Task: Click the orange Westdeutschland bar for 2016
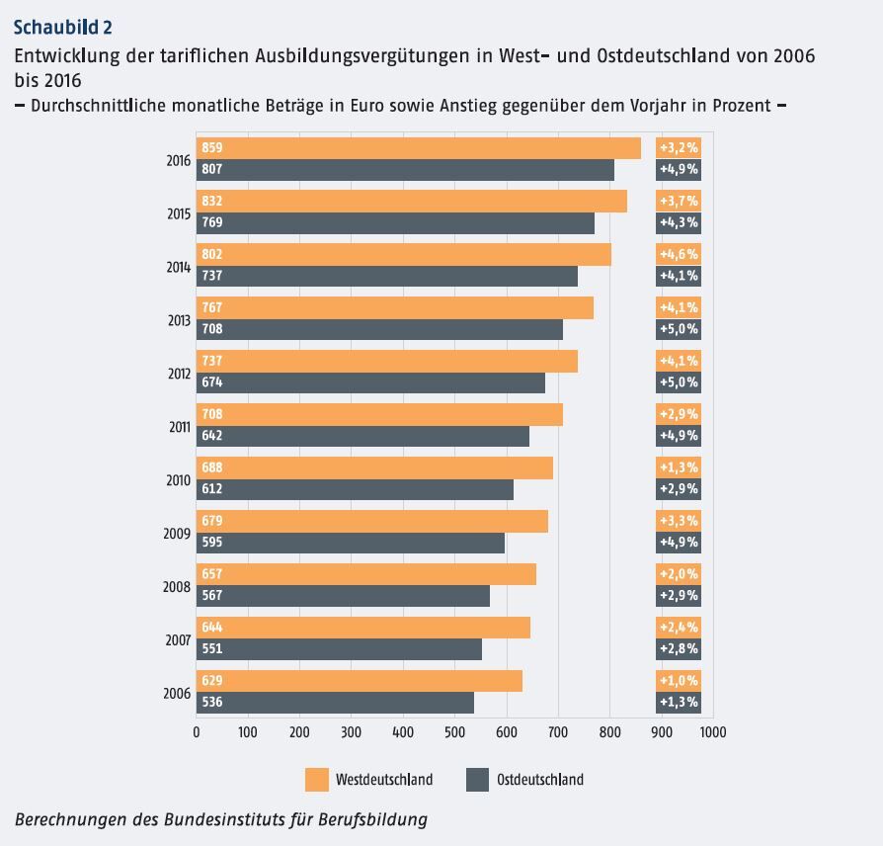click(x=419, y=148)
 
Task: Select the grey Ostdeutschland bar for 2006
click(x=335, y=703)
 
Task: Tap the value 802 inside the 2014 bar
click(x=211, y=254)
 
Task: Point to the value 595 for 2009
click(x=211, y=543)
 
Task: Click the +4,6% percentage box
click(x=679, y=254)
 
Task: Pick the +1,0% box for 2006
click(x=679, y=681)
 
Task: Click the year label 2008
click(x=177, y=585)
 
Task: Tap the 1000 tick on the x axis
click(x=712, y=733)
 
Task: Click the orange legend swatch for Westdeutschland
click(x=316, y=780)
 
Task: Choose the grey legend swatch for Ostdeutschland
click(x=477, y=780)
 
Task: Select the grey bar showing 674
click(x=370, y=382)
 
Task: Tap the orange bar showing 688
click(x=374, y=467)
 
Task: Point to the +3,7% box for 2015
click(x=679, y=201)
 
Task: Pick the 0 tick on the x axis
click(x=197, y=733)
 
